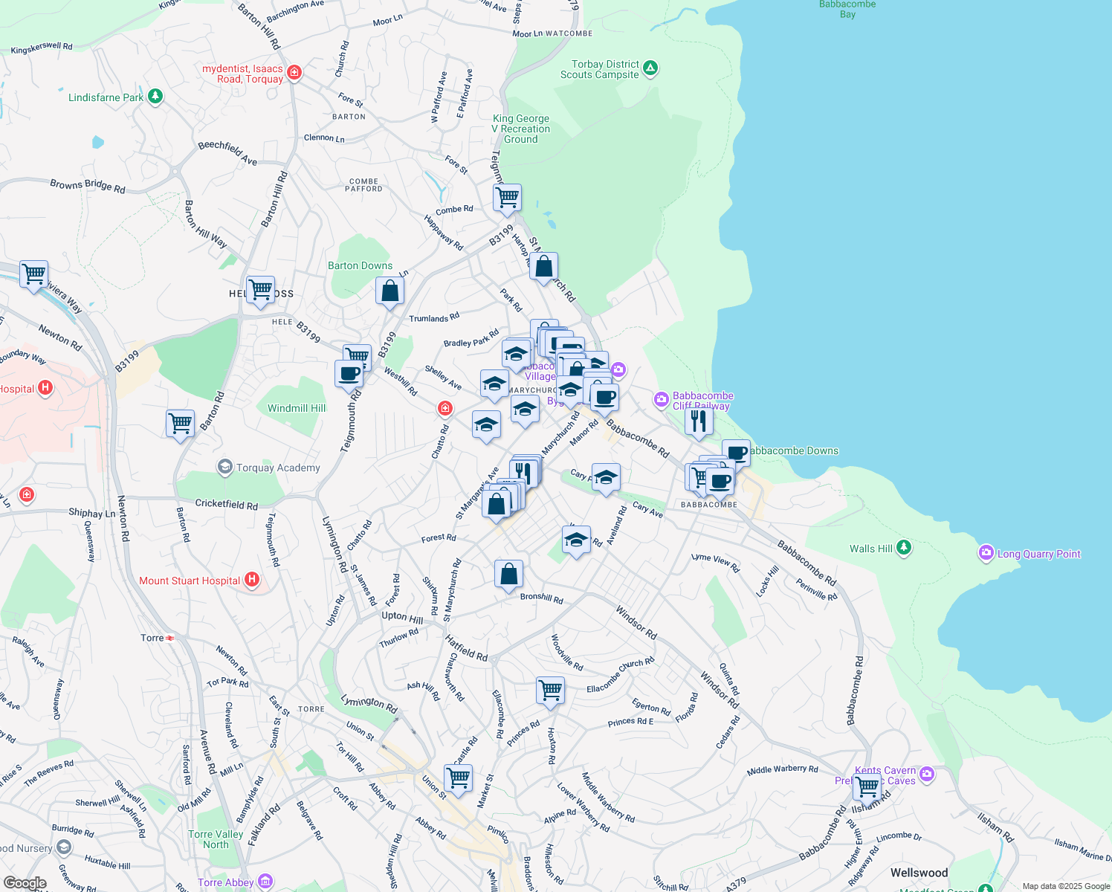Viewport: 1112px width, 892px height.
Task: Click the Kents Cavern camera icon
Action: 926,775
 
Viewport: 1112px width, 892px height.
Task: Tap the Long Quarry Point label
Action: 1038,554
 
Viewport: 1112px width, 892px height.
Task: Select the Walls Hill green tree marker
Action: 903,548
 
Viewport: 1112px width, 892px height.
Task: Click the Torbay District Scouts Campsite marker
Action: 650,69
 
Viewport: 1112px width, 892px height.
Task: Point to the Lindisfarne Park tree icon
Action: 155,97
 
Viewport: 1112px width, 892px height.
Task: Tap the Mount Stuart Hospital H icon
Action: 252,580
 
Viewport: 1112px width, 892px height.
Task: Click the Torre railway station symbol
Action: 170,638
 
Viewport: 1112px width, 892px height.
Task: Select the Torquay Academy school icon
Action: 224,467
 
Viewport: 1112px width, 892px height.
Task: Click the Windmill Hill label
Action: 297,408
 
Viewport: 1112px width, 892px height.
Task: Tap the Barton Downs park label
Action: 360,265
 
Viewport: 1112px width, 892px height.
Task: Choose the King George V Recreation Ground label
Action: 521,129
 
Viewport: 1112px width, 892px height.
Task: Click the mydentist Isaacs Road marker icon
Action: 294,72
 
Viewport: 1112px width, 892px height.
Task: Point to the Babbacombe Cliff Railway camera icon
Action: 661,400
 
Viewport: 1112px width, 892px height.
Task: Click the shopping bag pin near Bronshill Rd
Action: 508,575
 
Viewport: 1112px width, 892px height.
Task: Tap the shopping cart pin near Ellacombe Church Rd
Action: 550,690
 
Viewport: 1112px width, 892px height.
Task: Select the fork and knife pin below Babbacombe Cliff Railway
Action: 698,421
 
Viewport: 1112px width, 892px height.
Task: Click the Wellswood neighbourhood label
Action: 919,873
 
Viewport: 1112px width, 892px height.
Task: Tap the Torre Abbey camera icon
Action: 265,882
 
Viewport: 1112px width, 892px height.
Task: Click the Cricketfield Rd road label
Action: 226,504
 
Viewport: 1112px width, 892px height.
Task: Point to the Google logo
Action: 25,883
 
